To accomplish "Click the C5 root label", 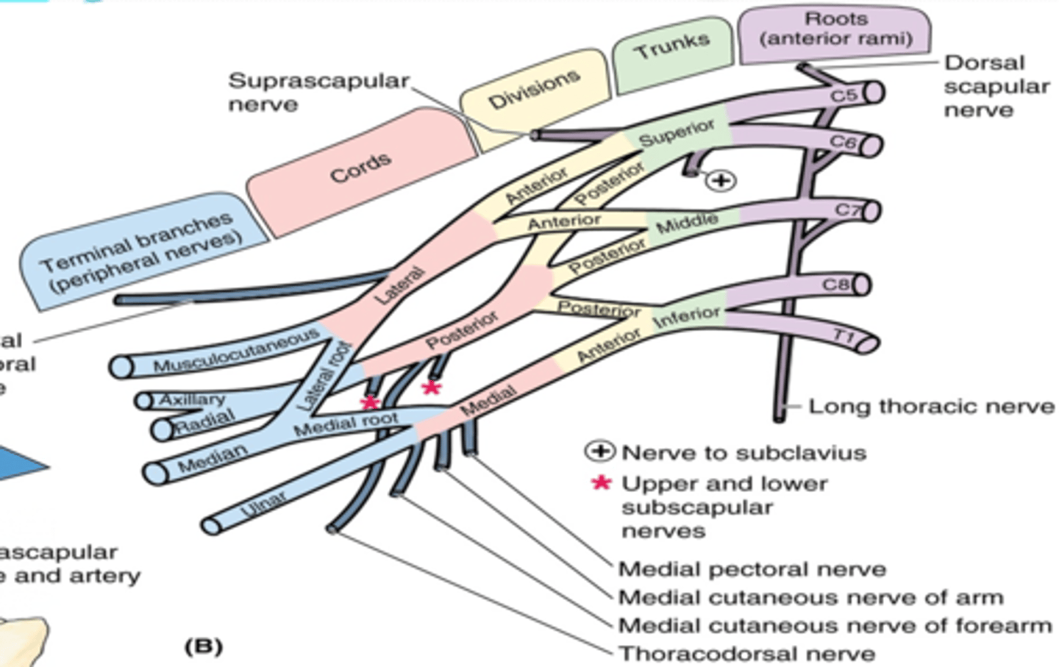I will click(x=843, y=96).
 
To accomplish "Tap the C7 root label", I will click(x=847, y=210).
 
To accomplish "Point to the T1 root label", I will click(x=844, y=337).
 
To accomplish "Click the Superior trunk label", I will click(x=676, y=133).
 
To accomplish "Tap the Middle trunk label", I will click(x=686, y=222).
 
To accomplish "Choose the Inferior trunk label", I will click(x=687, y=316).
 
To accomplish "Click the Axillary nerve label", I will click(x=192, y=399).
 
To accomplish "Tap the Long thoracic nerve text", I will click(x=931, y=406).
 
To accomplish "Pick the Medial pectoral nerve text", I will click(x=752, y=568).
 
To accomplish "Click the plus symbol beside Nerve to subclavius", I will click(x=599, y=452).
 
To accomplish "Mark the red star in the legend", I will click(x=602, y=483).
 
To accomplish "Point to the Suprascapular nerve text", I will click(x=318, y=91).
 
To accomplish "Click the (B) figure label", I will click(x=203, y=646).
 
